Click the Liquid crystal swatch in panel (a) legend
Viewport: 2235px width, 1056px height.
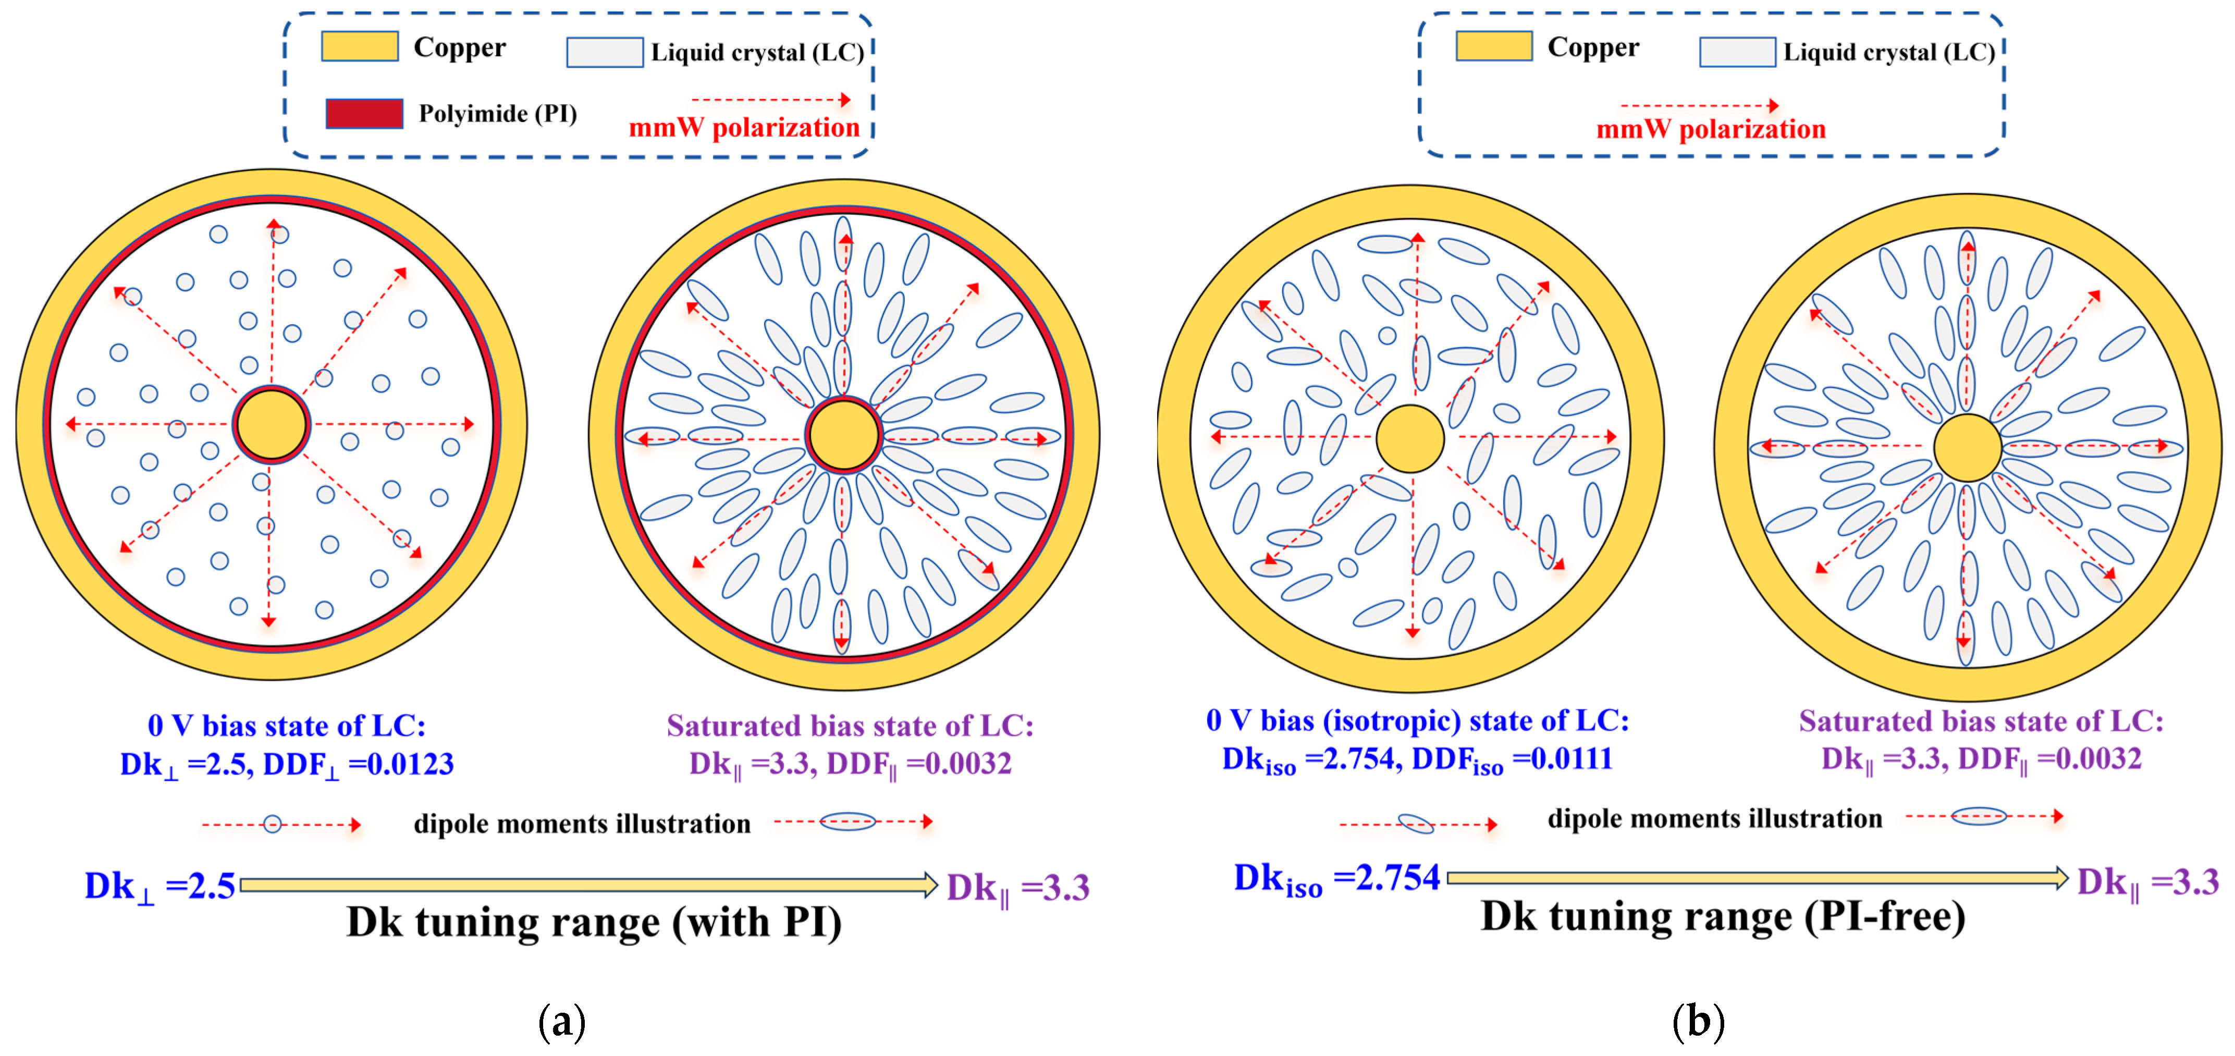pyautogui.click(x=604, y=52)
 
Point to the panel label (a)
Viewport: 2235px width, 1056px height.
pyautogui.click(x=561, y=1021)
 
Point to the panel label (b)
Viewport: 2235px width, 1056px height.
pyautogui.click(x=1697, y=1021)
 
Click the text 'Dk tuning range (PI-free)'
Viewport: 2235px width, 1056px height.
pyautogui.click(x=1722, y=916)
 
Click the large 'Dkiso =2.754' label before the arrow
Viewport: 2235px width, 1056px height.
pyautogui.click(x=1336, y=879)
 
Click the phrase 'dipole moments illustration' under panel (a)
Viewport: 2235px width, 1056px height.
pyautogui.click(x=581, y=824)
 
